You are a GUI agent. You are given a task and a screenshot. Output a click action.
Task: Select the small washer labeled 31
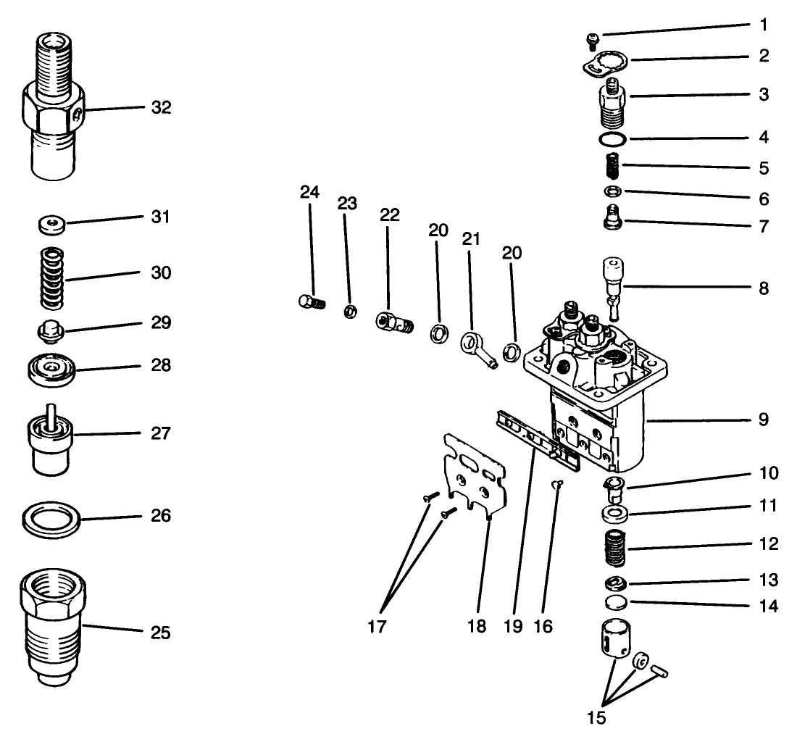pos(51,225)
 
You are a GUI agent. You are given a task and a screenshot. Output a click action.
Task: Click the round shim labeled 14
pos(614,604)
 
